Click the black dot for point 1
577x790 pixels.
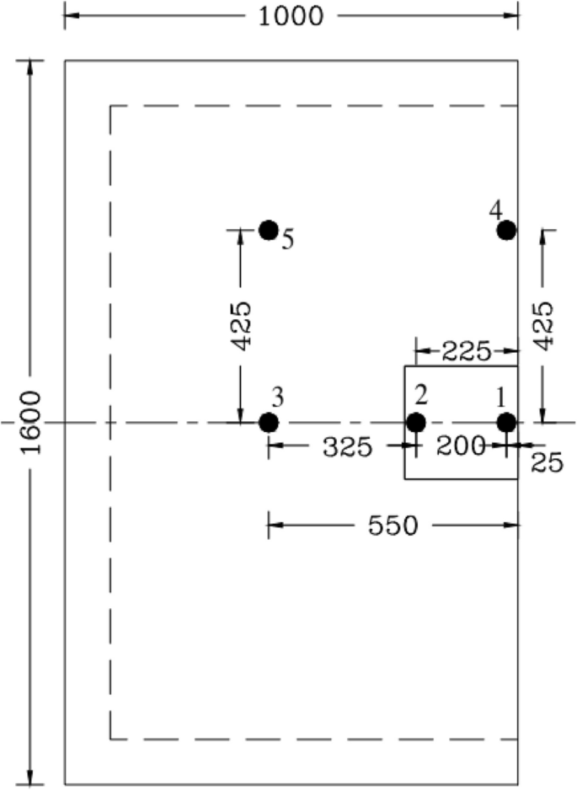coord(506,422)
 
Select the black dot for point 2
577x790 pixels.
coord(415,422)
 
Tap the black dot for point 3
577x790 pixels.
coord(269,422)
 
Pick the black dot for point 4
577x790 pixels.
coord(506,229)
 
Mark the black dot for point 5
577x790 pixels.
coord(269,229)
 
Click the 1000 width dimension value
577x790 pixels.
coord(291,16)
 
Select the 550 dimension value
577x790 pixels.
coord(393,526)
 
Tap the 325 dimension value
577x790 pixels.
coord(346,447)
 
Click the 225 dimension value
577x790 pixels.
coord(466,351)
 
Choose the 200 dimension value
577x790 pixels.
coord(461,446)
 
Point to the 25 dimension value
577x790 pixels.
coord(547,462)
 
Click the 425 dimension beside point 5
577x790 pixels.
coord(240,326)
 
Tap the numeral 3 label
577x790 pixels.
coord(277,394)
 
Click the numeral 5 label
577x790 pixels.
coord(287,241)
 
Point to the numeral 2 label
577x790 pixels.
coord(422,394)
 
